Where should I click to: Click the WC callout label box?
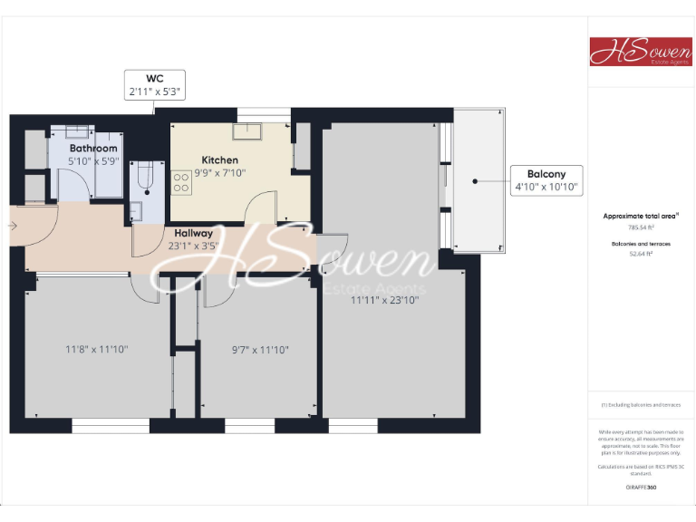coord(154,84)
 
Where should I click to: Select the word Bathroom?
coord(93,148)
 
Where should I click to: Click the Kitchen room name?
coord(219,160)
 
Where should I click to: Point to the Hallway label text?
coord(194,233)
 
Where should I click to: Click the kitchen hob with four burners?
coord(180,183)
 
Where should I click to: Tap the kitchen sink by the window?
coord(246,132)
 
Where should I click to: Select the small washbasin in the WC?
coord(136,212)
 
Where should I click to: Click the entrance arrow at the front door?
coord(14,227)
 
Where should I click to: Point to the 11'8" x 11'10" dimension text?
coord(90,349)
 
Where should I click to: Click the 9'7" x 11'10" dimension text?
coord(260,349)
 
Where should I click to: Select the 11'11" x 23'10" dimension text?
coord(385,300)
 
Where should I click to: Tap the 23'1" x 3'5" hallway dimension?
coord(194,245)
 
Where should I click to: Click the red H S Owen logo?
coord(641,52)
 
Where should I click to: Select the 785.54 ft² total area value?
coord(641,228)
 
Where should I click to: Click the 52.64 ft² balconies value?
coord(641,255)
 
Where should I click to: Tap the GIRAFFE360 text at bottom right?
coord(641,488)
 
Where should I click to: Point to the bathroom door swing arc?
coord(75,186)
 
